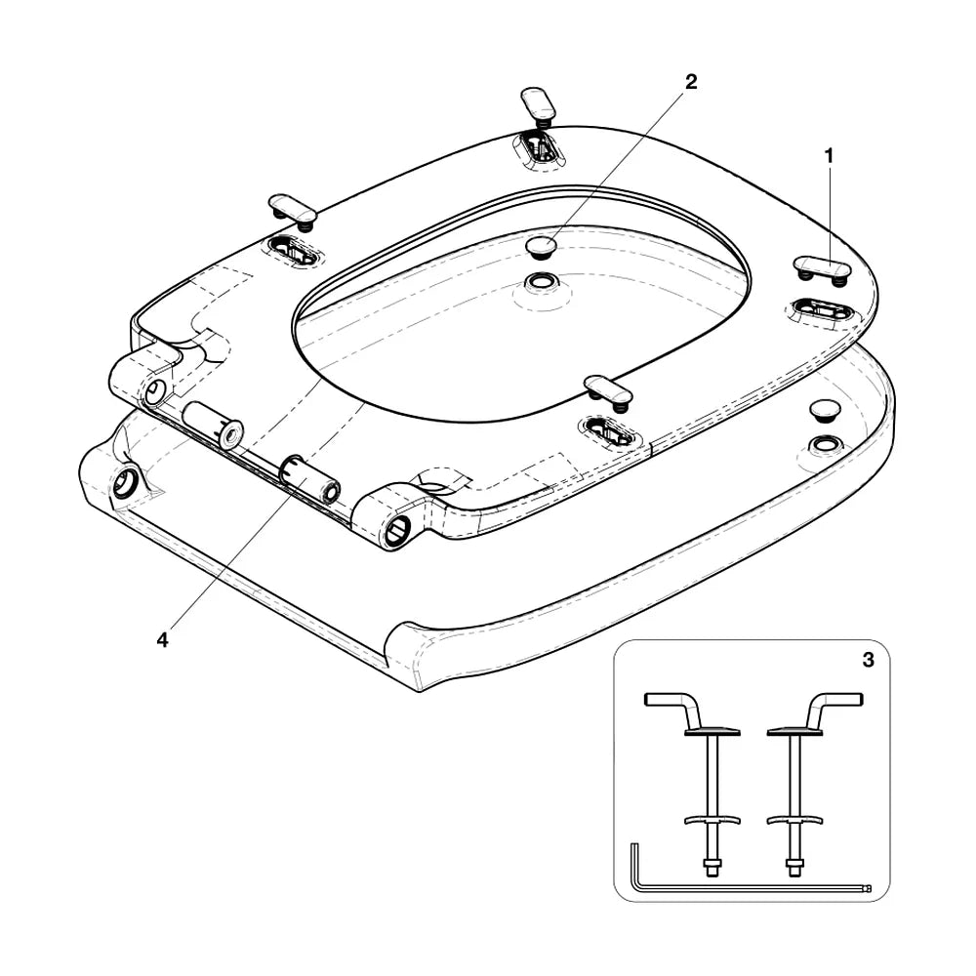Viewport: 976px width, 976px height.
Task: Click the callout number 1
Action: tap(829, 156)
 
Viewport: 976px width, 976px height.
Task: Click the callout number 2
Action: tap(691, 82)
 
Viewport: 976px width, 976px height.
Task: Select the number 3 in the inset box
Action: tap(869, 660)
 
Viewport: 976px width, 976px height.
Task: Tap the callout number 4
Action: tap(162, 639)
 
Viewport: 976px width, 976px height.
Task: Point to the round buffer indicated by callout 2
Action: tap(542, 246)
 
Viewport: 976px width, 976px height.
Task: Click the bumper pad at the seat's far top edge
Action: tap(539, 103)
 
